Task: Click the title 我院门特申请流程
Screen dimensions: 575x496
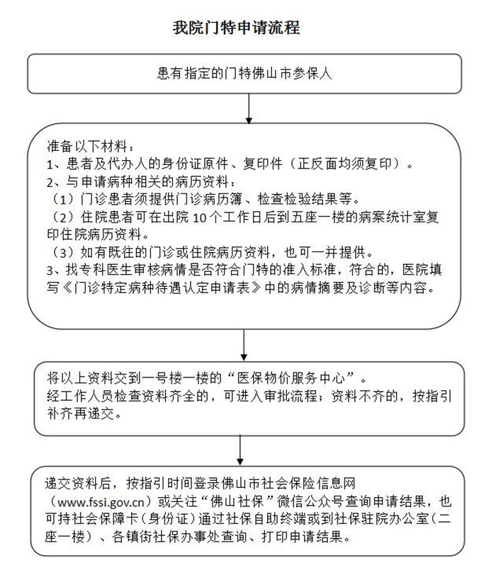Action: pos(237,28)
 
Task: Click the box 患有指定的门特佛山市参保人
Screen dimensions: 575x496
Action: pos(244,73)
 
